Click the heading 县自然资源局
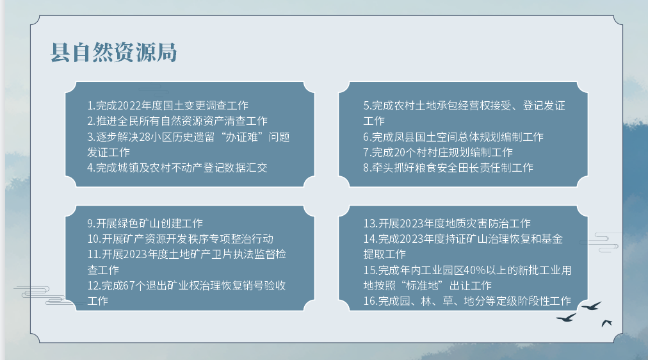point(113,53)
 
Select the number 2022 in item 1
point(129,106)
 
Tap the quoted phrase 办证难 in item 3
point(241,137)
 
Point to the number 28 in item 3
point(145,137)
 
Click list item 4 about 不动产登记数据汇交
point(177,168)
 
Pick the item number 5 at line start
point(366,106)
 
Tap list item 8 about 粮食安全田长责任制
point(448,168)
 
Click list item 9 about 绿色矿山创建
point(145,224)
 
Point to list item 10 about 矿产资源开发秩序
point(180,239)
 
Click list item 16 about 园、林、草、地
point(467,301)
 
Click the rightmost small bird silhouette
point(606,323)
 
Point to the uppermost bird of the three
point(592,306)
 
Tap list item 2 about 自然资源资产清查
point(177,121)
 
